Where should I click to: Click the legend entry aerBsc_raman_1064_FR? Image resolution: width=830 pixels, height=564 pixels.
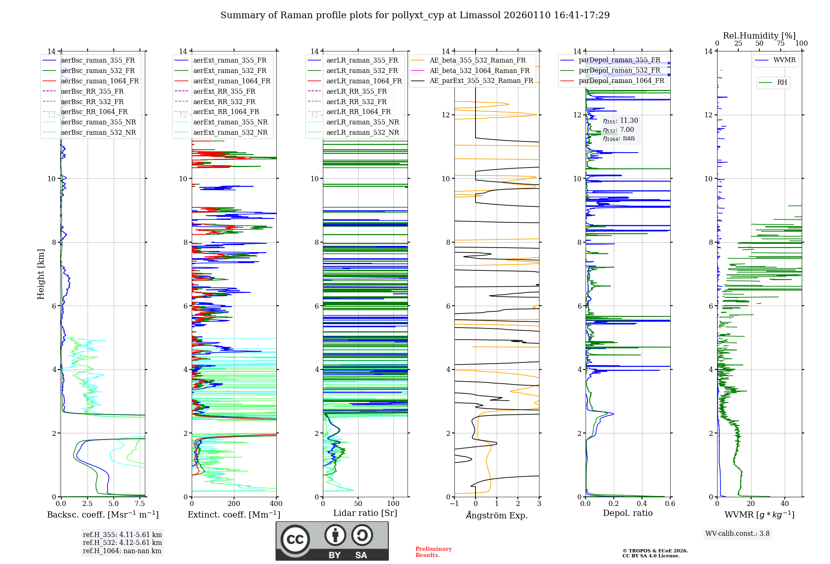pyautogui.click(x=100, y=81)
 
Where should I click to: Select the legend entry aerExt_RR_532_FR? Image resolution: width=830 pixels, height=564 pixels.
pyautogui.click(x=224, y=102)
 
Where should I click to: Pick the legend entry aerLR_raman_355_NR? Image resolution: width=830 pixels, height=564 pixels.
pyautogui.click(x=362, y=122)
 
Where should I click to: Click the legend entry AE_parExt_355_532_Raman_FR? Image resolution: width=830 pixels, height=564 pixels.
pyautogui.click(x=481, y=81)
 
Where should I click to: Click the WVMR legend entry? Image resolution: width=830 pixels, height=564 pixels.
pyautogui.click(x=784, y=60)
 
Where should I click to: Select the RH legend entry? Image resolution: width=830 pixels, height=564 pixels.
pyautogui.click(x=782, y=83)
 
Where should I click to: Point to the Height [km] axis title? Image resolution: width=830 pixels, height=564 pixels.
pyautogui.click(x=41, y=274)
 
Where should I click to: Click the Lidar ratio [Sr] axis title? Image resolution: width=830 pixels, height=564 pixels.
pyautogui.click(x=365, y=513)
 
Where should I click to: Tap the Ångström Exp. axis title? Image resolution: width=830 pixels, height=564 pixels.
pyautogui.click(x=497, y=515)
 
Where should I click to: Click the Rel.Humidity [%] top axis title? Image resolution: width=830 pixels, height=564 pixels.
pyautogui.click(x=759, y=36)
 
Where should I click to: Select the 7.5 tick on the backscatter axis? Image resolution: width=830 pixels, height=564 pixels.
pyautogui.click(x=139, y=504)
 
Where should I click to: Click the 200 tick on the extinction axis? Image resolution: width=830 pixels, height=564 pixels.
pyautogui.click(x=234, y=504)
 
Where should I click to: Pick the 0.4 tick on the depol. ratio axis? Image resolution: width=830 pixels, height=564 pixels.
pyautogui.click(x=642, y=504)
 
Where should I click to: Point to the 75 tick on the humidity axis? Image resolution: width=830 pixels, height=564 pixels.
pyautogui.click(x=780, y=44)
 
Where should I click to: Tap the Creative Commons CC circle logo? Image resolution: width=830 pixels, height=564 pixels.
pyautogui.click(x=295, y=540)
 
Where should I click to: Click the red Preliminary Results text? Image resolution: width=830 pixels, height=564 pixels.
pyautogui.click(x=433, y=552)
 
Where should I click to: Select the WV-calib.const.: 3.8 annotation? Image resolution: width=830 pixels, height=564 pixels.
pyautogui.click(x=737, y=534)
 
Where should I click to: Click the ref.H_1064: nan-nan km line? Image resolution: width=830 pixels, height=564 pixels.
pyautogui.click(x=122, y=551)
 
